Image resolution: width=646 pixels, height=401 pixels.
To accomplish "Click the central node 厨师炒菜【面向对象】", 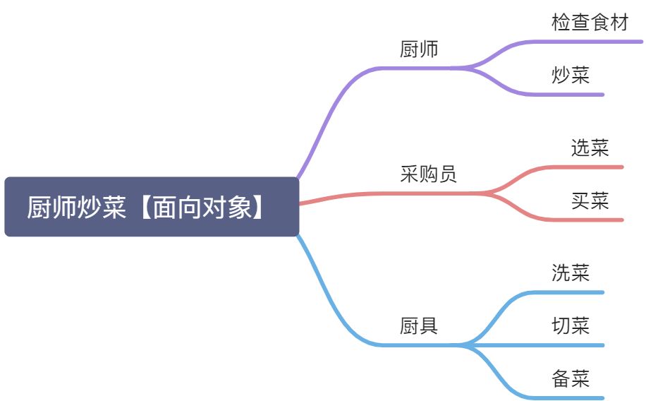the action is (x=152, y=207).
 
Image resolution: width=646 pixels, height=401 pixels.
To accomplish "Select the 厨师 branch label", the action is (x=419, y=50).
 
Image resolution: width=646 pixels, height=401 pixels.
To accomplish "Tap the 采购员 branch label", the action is (x=428, y=174).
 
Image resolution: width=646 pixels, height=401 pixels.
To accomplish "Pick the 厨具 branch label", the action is (x=419, y=326).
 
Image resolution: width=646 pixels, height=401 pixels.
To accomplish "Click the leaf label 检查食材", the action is (x=590, y=23).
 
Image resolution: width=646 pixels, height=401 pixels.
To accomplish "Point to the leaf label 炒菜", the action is (x=571, y=76).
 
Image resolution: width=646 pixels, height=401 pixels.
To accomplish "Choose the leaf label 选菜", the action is (x=590, y=148).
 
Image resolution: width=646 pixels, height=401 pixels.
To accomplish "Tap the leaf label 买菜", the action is (x=590, y=202).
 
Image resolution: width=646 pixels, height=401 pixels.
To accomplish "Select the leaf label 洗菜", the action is (x=571, y=273).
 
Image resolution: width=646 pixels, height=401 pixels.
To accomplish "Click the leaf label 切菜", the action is (x=571, y=326).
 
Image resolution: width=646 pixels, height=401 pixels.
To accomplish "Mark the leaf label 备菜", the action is (x=571, y=379).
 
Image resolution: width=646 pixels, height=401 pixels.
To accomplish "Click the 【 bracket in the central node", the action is (x=143, y=208).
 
